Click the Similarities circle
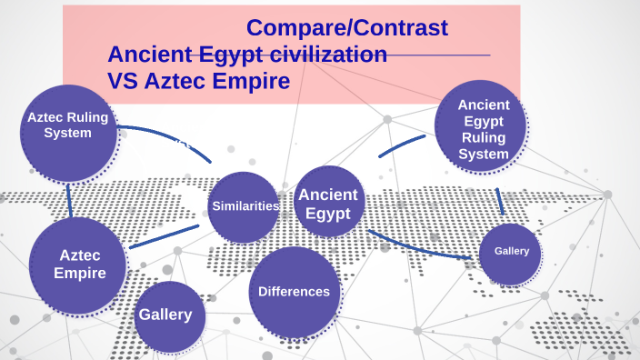(x=244, y=206)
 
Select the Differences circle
(x=294, y=292)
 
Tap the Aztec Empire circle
(x=77, y=265)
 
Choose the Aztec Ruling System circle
(x=68, y=132)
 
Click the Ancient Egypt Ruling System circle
(x=483, y=129)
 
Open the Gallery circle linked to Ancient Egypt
(x=510, y=252)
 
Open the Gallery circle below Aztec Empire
(x=166, y=315)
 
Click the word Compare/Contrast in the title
(x=347, y=28)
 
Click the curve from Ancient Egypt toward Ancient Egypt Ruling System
(x=399, y=144)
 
